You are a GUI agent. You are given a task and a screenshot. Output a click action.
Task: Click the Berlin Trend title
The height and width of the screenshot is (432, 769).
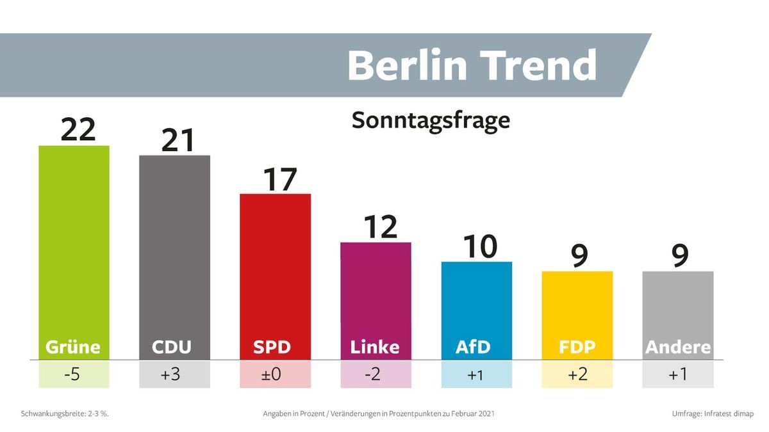pyautogui.click(x=472, y=65)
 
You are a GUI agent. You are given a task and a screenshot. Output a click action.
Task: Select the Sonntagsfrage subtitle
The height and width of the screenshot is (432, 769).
pyautogui.click(x=431, y=120)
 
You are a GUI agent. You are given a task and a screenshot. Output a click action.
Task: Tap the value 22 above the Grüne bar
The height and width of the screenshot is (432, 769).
pyautogui.click(x=78, y=130)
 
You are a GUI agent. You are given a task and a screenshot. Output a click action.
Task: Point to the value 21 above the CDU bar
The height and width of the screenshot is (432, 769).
pyautogui.click(x=178, y=140)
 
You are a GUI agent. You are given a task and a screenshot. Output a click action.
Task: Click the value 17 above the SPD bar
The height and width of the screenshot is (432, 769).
pyautogui.click(x=279, y=180)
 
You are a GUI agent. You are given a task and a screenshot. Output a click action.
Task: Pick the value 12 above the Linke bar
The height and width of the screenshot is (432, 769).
pyautogui.click(x=380, y=227)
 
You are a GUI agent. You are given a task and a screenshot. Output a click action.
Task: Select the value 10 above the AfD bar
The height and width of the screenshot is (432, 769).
pyautogui.click(x=479, y=247)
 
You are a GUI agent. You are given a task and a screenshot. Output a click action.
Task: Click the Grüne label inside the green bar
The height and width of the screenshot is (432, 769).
pyautogui.click(x=73, y=347)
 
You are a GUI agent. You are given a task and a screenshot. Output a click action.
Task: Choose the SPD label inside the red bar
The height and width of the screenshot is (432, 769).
pyautogui.click(x=272, y=347)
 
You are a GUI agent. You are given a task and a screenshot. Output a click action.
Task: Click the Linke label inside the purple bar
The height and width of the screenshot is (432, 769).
pyautogui.click(x=375, y=347)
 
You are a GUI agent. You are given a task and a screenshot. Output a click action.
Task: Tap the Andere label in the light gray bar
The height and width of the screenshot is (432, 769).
pyautogui.click(x=677, y=347)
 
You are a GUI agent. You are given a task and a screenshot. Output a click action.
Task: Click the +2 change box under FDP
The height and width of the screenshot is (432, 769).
pyautogui.click(x=577, y=374)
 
